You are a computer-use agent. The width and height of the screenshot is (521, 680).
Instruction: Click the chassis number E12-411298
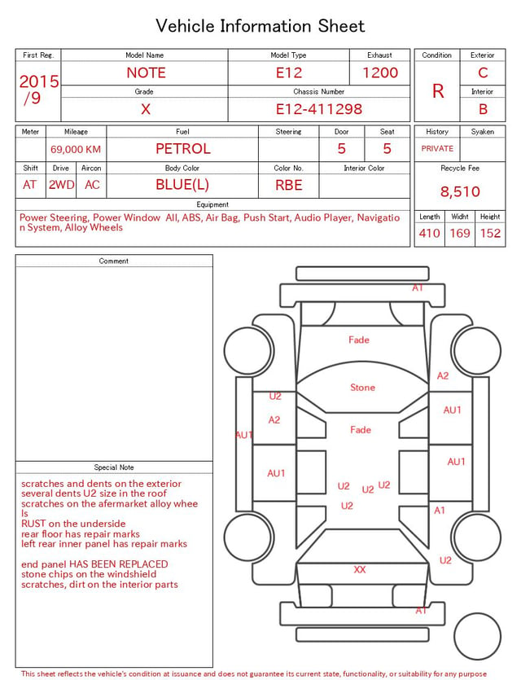click(x=319, y=109)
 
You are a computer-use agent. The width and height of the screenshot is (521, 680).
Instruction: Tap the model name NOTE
click(x=146, y=72)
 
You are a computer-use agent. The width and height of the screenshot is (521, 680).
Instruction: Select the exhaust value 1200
click(x=380, y=72)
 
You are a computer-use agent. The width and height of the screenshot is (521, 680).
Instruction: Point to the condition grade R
click(x=438, y=91)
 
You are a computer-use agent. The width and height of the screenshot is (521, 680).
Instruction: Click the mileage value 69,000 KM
click(x=76, y=150)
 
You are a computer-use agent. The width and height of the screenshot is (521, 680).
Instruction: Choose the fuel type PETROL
click(x=183, y=149)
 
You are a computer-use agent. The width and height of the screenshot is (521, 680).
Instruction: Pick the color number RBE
click(x=289, y=185)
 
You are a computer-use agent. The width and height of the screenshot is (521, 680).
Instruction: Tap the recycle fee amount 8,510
click(x=460, y=191)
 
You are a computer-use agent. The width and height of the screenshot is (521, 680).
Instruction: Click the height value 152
click(x=490, y=233)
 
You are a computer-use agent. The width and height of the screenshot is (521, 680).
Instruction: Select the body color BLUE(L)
click(x=182, y=185)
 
